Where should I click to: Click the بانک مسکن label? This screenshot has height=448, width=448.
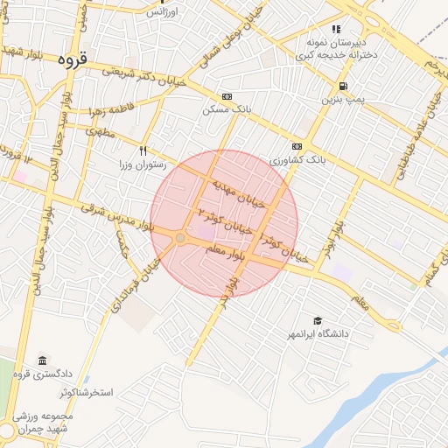coord(227,109)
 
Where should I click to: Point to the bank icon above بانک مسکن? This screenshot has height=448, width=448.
coord(227,96)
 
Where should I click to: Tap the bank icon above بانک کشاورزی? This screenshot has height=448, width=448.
coord(297,146)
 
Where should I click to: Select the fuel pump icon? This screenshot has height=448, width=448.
coord(342,87)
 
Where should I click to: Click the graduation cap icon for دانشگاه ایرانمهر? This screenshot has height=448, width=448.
coord(318,321)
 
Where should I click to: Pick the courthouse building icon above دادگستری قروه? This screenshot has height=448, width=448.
coord(42,361)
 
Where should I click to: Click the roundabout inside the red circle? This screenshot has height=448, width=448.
coord(180,238)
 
